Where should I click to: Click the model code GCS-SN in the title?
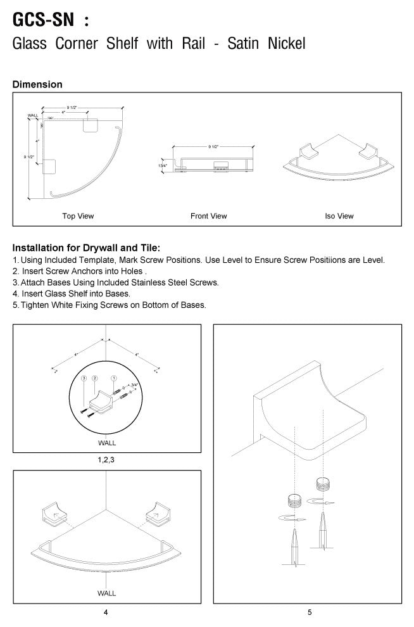[x=42, y=20]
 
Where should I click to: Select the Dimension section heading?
[x=37, y=84]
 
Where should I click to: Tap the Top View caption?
[x=78, y=216]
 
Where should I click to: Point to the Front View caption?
[x=208, y=216]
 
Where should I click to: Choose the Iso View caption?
[x=339, y=216]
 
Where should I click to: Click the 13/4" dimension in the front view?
[x=163, y=165]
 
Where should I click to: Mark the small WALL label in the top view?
[x=33, y=116]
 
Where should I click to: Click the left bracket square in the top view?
[x=49, y=167]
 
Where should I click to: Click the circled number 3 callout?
[x=83, y=378]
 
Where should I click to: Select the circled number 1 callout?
[x=113, y=378]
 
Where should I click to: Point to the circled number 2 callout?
[x=94, y=378]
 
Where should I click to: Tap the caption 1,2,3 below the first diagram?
[x=106, y=460]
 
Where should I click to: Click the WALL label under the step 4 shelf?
[x=106, y=594]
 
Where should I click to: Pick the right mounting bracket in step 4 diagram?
[x=158, y=514]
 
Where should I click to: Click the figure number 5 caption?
[x=310, y=612]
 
